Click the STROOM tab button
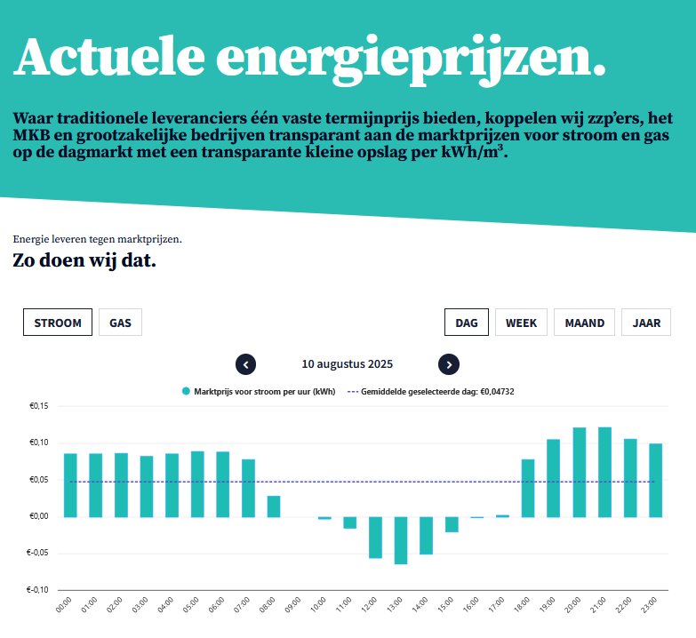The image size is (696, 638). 58,323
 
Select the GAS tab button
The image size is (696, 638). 120,323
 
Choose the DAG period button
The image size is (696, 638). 467,323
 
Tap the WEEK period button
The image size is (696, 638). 521,323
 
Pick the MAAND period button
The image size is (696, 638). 584,323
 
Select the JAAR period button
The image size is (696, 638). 646,323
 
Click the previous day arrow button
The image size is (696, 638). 246,364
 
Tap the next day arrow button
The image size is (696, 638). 449,364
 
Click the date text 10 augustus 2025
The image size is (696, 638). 348,364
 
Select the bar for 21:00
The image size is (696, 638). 604,472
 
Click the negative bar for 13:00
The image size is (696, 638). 401,540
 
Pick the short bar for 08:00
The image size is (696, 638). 274,506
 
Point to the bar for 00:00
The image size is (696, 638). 70,485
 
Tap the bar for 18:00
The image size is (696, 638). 528,488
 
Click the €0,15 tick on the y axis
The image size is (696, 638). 39,406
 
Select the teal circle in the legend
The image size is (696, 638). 186,391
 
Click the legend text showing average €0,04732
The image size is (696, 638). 437,391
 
